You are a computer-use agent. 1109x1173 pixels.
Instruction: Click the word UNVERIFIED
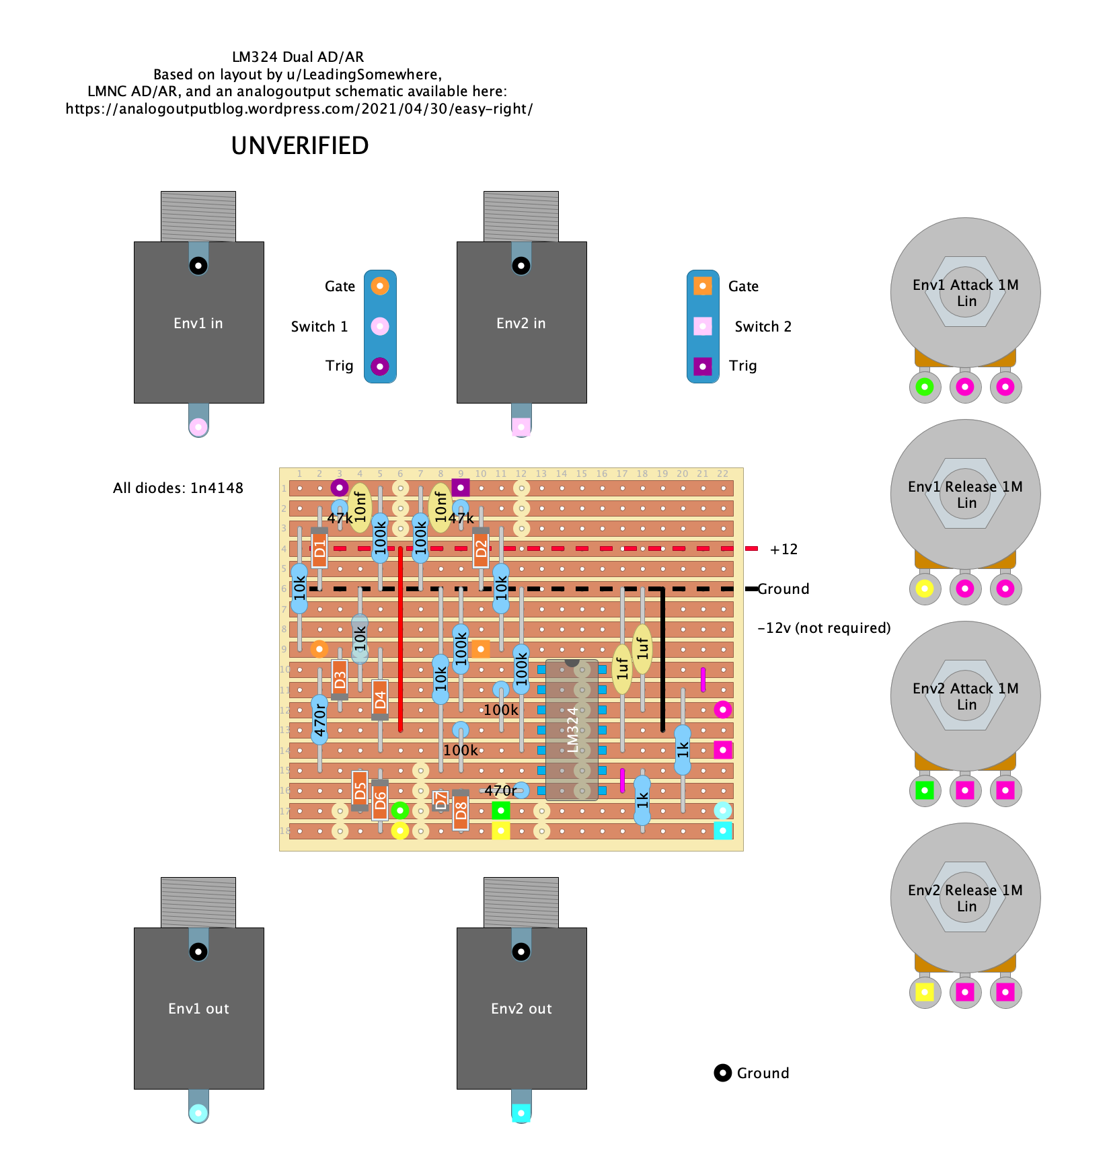[300, 146]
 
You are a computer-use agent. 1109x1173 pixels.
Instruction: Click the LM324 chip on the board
[572, 730]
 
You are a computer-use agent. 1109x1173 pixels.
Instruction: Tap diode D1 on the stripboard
[319, 549]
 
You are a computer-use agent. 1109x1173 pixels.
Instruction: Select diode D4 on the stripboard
[380, 699]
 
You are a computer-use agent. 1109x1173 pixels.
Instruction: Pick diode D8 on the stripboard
[461, 810]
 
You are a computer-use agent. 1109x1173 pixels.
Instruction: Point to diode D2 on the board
[481, 549]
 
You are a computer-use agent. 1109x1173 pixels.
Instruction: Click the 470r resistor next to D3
[319, 720]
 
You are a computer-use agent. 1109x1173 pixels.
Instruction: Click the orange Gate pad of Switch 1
[380, 286]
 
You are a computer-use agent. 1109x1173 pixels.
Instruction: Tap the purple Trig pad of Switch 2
[703, 367]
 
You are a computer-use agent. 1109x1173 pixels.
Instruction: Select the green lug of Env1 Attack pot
[925, 387]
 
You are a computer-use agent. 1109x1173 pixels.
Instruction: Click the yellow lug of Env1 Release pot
[925, 589]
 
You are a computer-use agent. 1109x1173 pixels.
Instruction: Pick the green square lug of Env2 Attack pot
[925, 790]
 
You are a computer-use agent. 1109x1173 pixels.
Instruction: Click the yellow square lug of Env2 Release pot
[925, 992]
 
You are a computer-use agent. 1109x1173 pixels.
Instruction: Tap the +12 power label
[783, 550]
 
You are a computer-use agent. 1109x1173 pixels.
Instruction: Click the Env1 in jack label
[198, 324]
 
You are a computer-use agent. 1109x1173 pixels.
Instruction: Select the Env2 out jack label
[521, 1009]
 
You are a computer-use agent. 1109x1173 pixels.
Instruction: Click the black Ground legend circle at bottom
[722, 1073]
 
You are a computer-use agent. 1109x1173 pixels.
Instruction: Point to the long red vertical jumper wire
[400, 639]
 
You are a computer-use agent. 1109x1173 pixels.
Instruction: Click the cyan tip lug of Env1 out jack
[198, 1113]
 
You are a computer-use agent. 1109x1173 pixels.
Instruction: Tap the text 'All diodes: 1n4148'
[178, 488]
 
